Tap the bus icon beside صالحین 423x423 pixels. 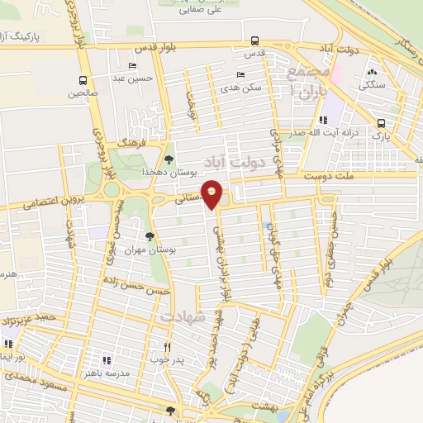[x=83, y=80]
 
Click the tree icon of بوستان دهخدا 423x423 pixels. [x=169, y=159]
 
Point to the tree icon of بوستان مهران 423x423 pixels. [x=149, y=237]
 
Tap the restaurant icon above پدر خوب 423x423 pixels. [x=168, y=347]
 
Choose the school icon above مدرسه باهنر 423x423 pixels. [x=106, y=359]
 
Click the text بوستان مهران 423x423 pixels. [x=140, y=250]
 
